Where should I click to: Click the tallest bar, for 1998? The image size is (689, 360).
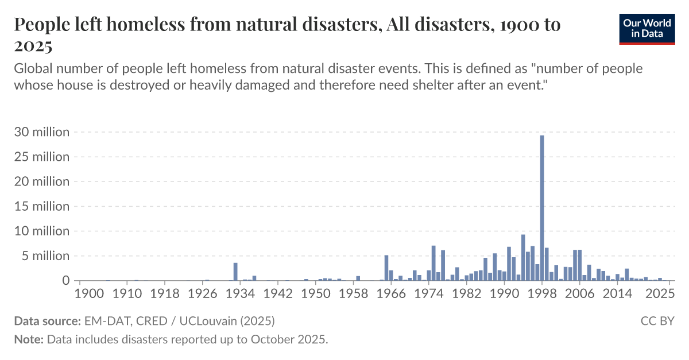[542, 208]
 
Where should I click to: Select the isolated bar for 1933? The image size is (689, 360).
[235, 272]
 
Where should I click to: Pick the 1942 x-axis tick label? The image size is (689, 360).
[278, 293]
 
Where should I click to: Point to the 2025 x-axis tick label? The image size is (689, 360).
[660, 293]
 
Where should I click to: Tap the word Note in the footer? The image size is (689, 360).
[28, 339]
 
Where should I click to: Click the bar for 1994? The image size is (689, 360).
[523, 258]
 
